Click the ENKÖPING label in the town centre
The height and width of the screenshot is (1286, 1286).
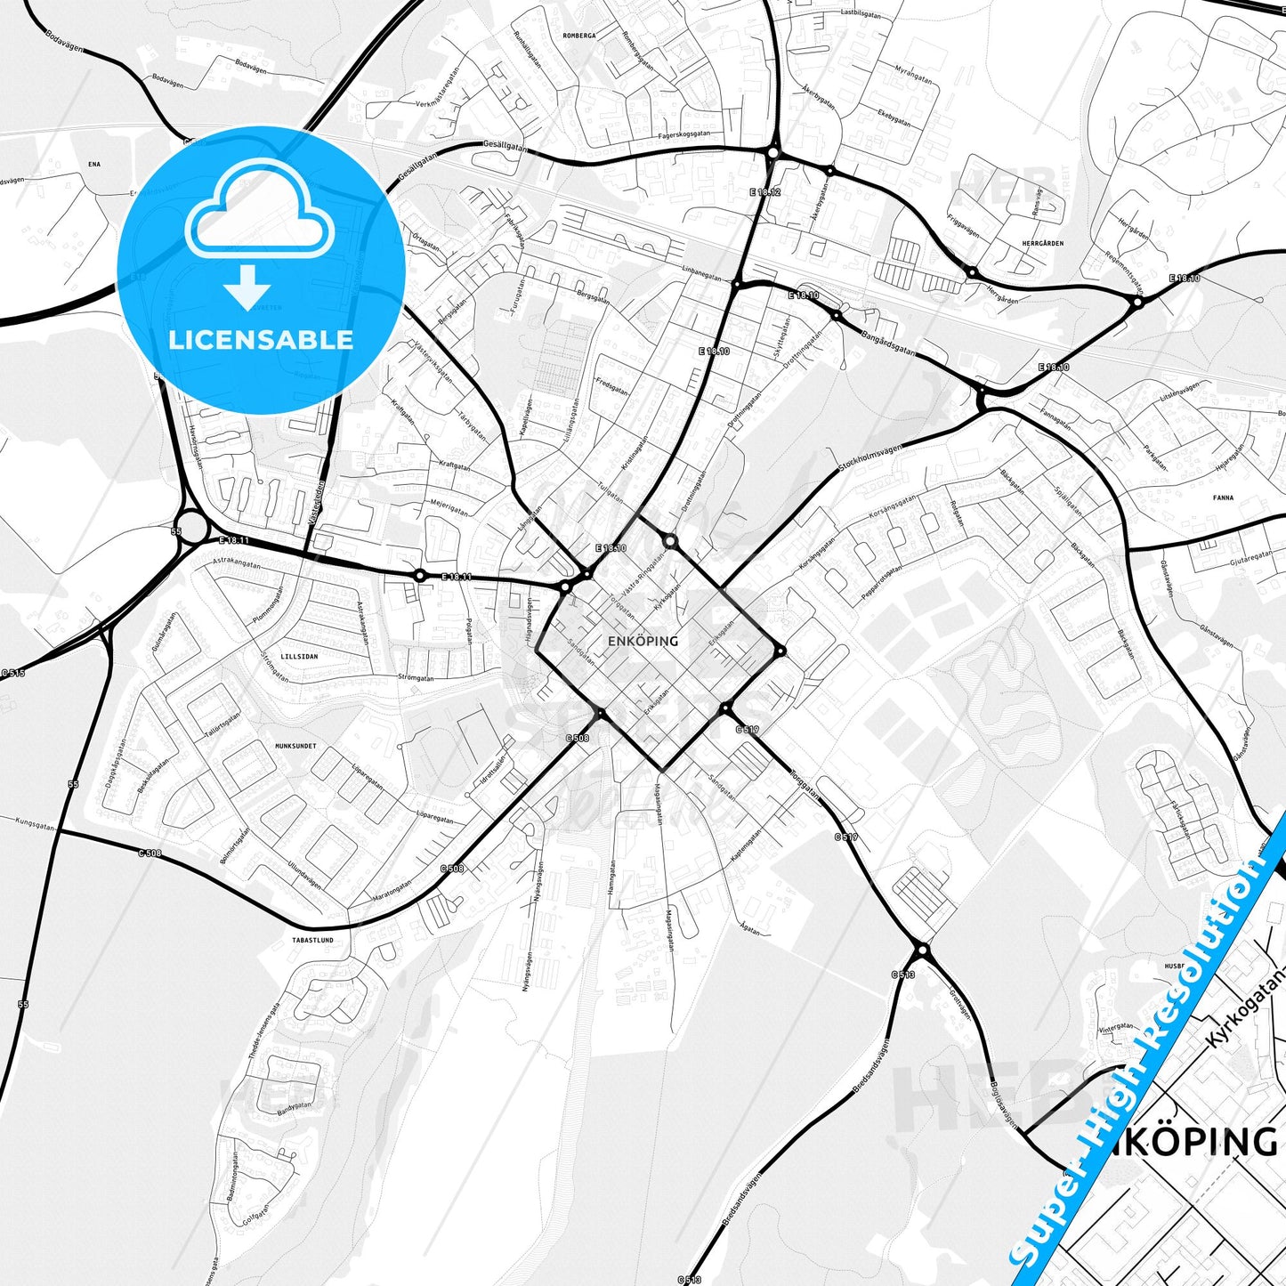[x=642, y=641]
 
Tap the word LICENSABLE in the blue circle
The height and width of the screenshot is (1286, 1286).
[x=261, y=340]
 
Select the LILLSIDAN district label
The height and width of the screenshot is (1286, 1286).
[x=299, y=657]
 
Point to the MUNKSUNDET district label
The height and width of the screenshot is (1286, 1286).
[x=295, y=746]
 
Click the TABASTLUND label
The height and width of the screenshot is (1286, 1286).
[x=312, y=940]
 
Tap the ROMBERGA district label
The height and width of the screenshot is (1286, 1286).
[x=578, y=36]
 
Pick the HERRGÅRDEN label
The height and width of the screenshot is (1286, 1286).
[x=1043, y=243]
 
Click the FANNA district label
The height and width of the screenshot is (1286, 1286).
[x=1223, y=497]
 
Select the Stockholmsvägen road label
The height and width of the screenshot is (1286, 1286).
[x=870, y=459]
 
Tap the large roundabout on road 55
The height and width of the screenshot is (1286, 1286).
[x=191, y=525]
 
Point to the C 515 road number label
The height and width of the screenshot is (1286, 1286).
[x=12, y=674]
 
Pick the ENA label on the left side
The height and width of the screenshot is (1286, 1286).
[x=94, y=165]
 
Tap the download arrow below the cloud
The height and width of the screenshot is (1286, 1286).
[x=247, y=287]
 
